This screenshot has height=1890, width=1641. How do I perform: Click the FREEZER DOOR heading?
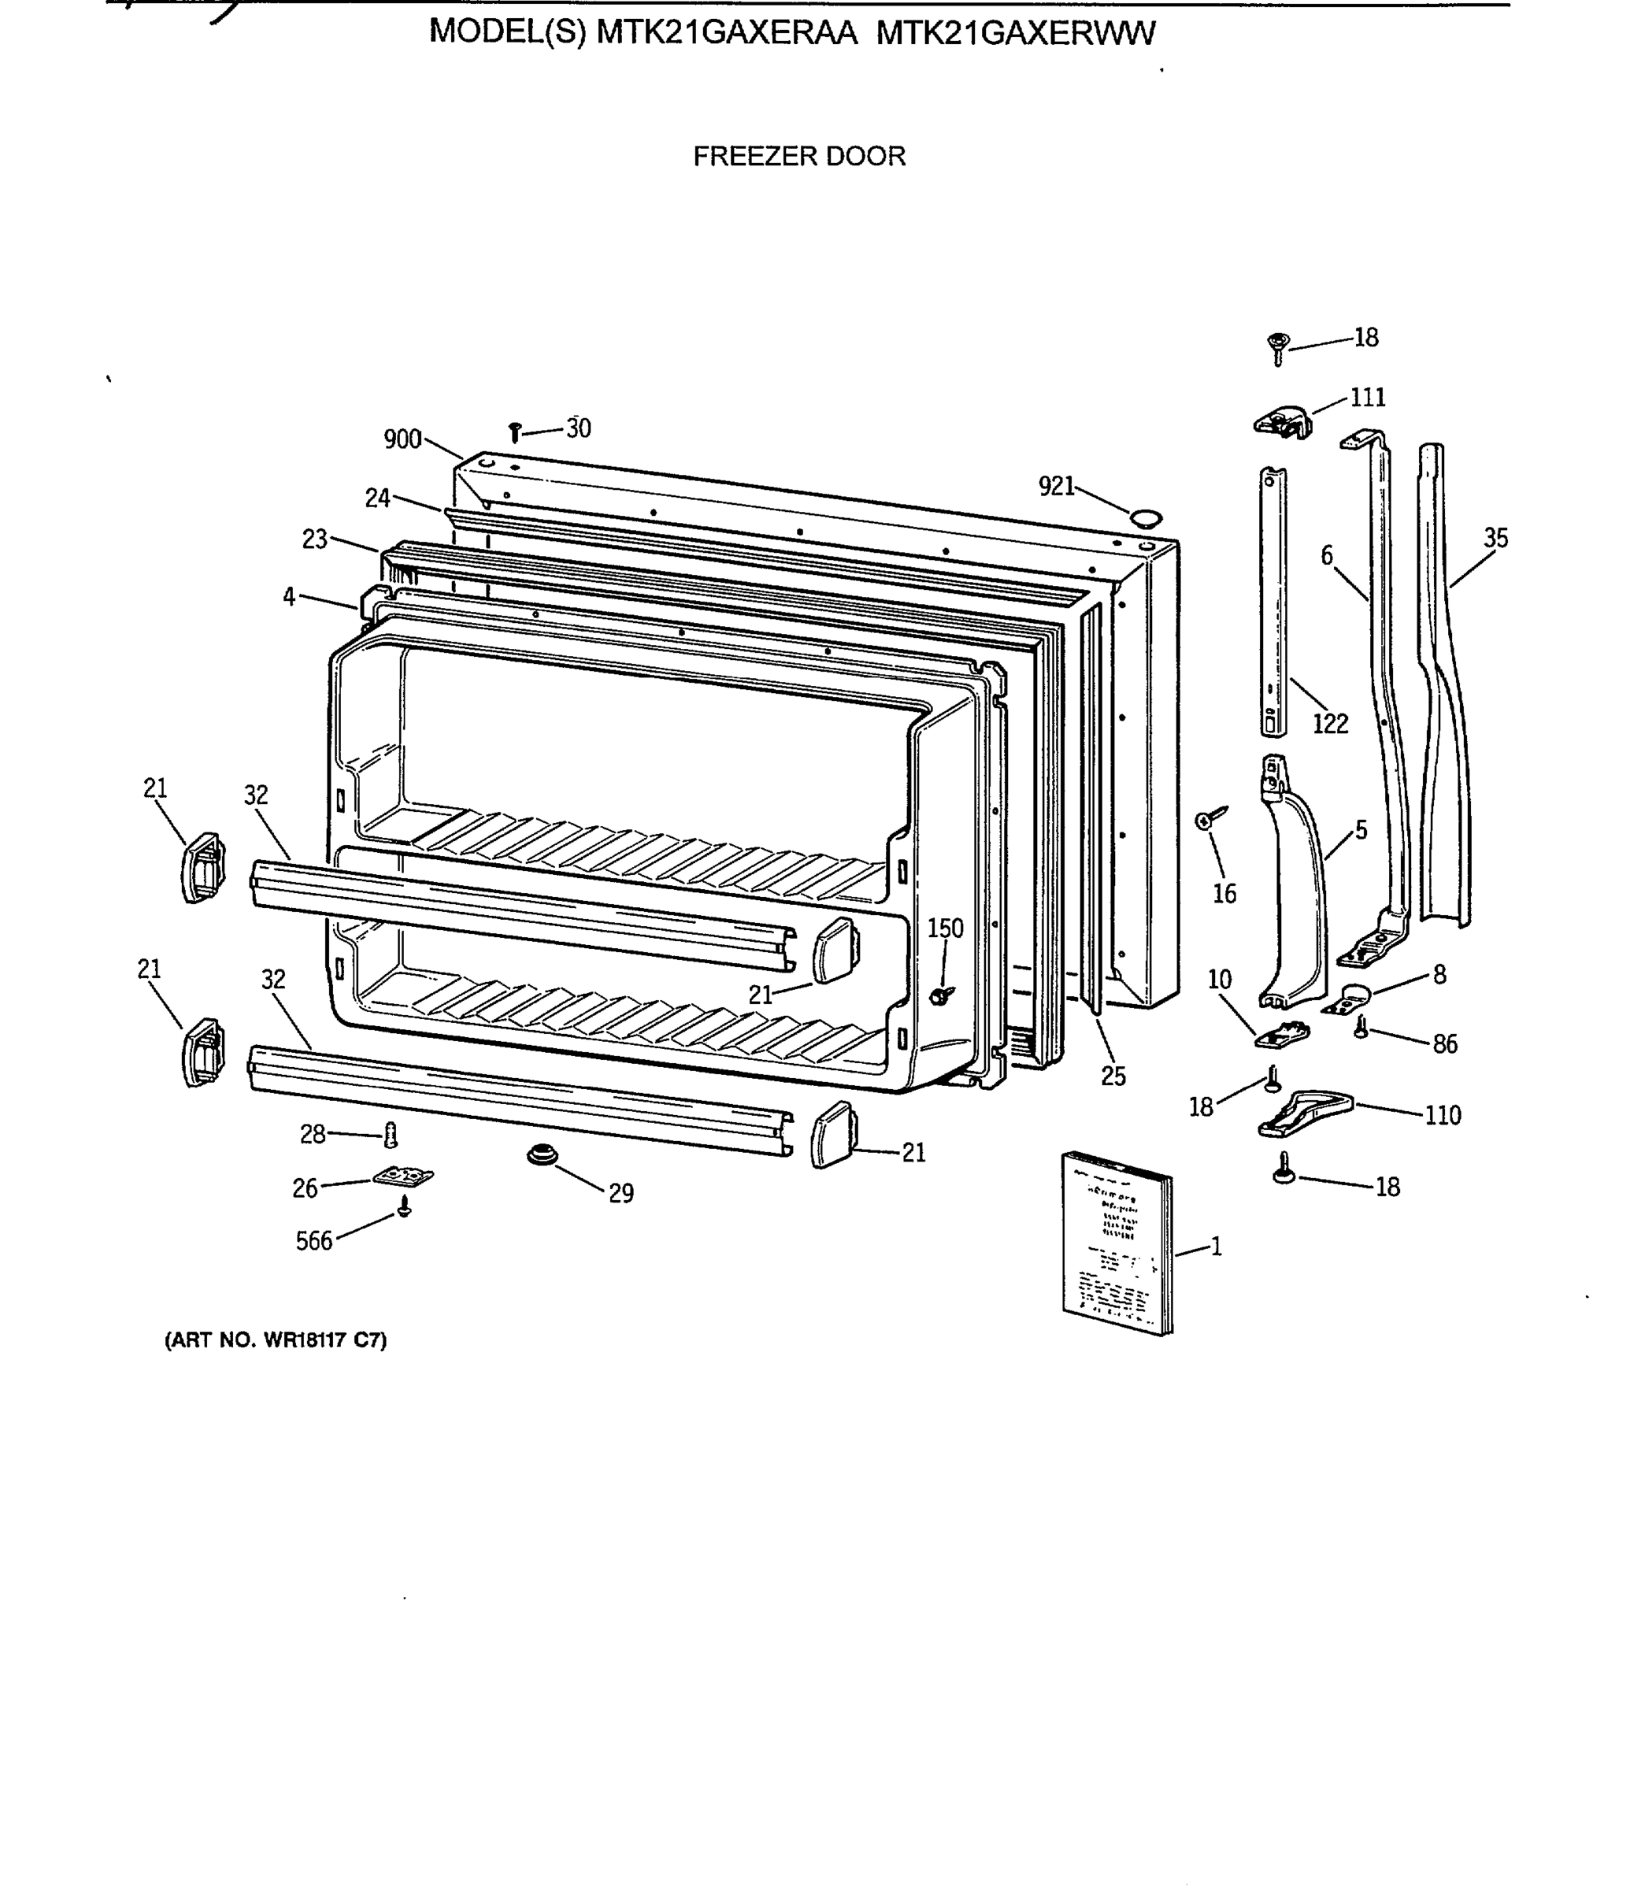pyautogui.click(x=798, y=156)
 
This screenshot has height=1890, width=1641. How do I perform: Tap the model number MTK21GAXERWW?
pyautogui.click(x=1016, y=33)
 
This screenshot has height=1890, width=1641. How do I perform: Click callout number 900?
pyautogui.click(x=402, y=439)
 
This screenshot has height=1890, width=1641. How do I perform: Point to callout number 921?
pyautogui.click(x=1056, y=486)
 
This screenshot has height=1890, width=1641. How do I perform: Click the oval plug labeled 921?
pyautogui.click(x=1146, y=518)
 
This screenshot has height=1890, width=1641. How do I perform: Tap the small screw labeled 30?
pyautogui.click(x=515, y=432)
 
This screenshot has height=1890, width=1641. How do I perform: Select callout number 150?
pyautogui.click(x=945, y=928)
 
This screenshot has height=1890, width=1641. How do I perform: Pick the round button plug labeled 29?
pyautogui.click(x=542, y=1155)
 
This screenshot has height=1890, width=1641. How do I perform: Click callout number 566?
pyautogui.click(x=313, y=1241)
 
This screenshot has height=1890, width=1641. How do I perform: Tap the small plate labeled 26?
pyautogui.click(x=403, y=1176)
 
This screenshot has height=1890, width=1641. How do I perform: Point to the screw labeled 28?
pyautogui.click(x=391, y=1136)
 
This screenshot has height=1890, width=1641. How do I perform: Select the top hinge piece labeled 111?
pyautogui.click(x=1282, y=422)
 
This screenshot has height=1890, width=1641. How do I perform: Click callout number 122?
pyautogui.click(x=1330, y=724)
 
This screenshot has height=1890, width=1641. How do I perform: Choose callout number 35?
pyautogui.click(x=1495, y=538)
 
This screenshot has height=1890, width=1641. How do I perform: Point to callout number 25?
pyautogui.click(x=1113, y=1077)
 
